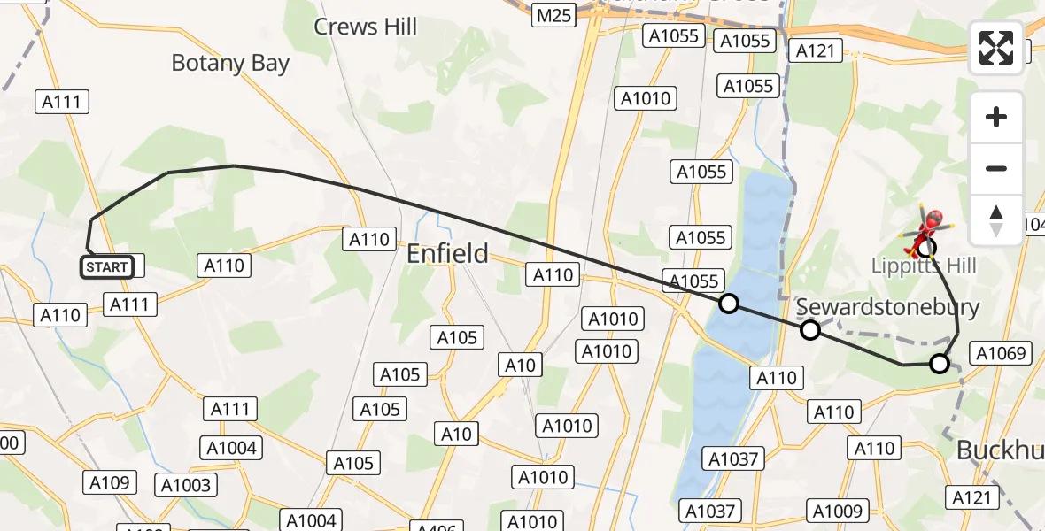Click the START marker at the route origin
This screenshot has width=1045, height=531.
(x=107, y=266)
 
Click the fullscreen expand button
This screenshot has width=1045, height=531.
(x=996, y=48)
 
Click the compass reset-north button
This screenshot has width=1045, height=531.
(x=996, y=220)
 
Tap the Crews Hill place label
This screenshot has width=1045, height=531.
(x=365, y=27)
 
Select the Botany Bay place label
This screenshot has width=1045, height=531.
(x=230, y=63)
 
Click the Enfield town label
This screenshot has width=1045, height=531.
(x=447, y=254)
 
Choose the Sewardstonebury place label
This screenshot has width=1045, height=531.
(x=888, y=307)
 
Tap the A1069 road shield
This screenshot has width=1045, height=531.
(x=1001, y=354)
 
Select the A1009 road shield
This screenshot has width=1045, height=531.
(x=837, y=511)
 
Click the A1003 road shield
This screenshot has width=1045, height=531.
(x=186, y=485)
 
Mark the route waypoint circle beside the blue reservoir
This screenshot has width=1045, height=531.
(x=728, y=304)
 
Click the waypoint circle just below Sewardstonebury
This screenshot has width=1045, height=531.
(x=809, y=330)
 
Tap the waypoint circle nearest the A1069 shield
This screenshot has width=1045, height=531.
(x=940, y=363)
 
